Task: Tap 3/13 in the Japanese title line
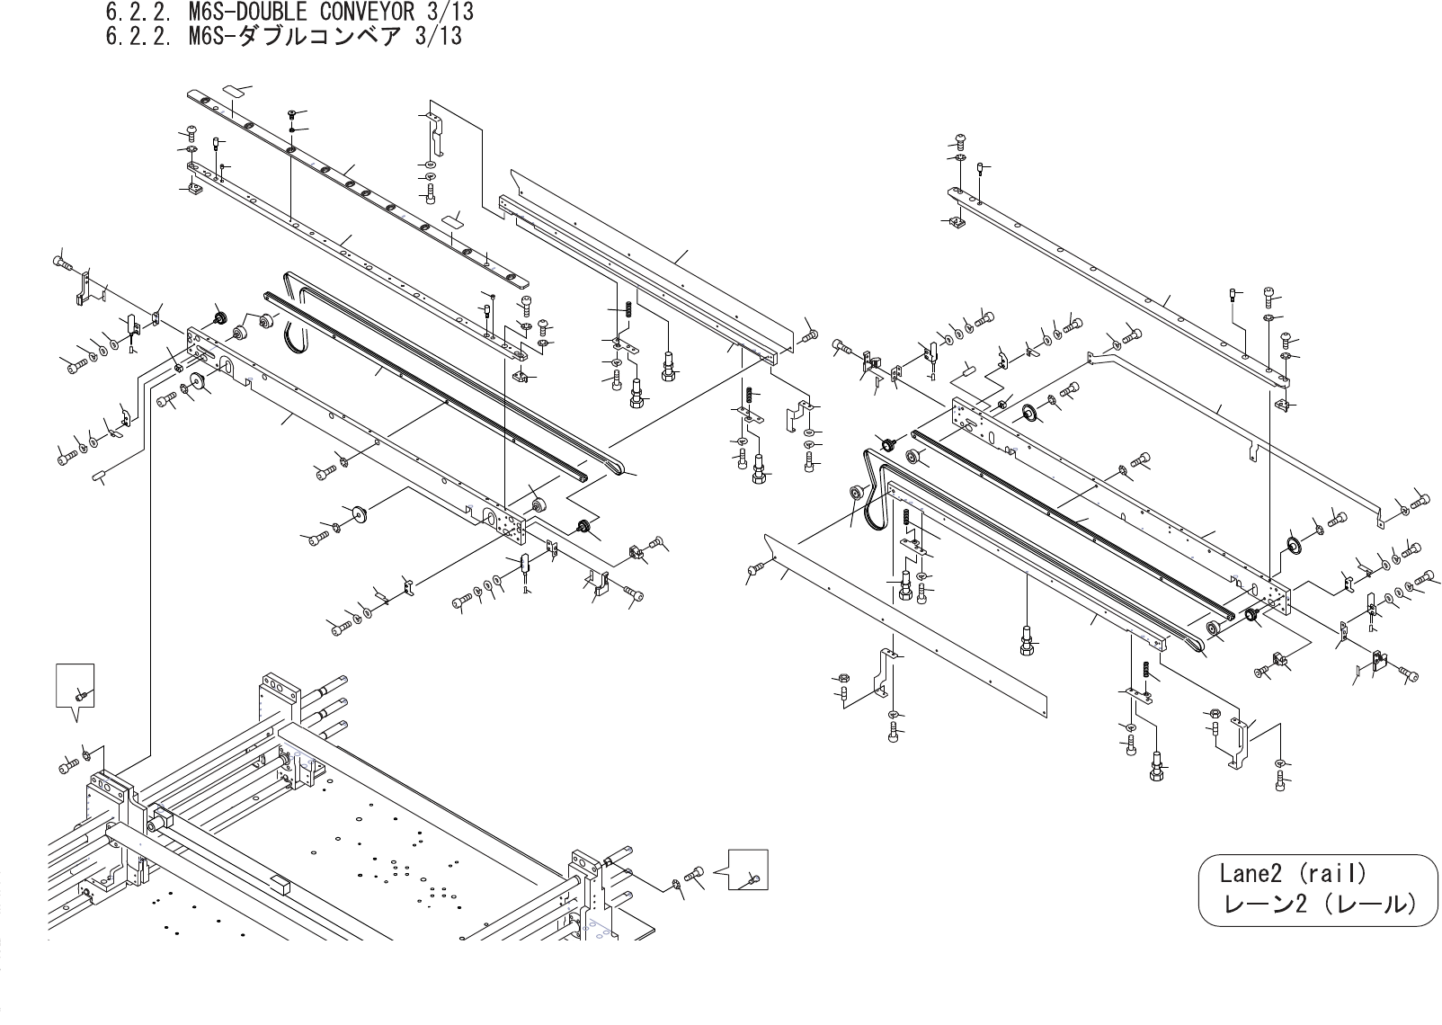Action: tap(438, 36)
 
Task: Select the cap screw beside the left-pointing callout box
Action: tap(694, 873)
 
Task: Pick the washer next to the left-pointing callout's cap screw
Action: tap(674, 885)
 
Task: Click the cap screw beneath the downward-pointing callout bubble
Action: tap(67, 767)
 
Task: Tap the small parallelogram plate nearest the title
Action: tap(236, 91)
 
